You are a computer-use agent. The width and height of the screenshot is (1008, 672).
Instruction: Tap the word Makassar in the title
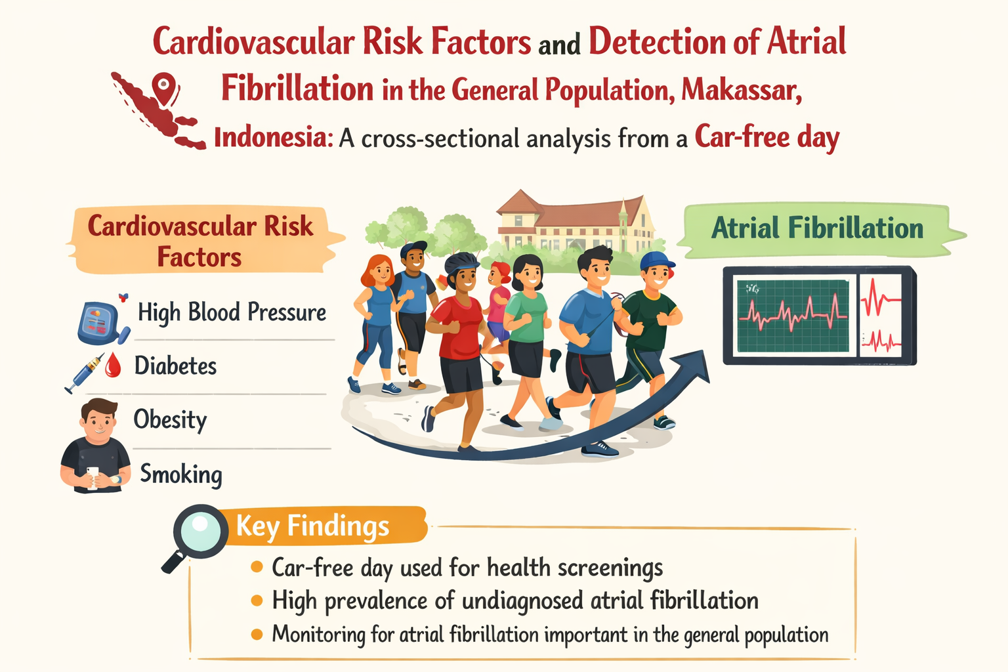(742, 90)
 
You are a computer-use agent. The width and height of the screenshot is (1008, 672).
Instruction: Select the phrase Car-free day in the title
(767, 137)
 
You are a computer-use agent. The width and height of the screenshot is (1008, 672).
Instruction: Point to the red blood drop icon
(113, 365)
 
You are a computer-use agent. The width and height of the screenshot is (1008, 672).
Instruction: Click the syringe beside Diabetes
(85, 373)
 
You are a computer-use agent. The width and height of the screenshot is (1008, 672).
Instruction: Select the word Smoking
(181, 474)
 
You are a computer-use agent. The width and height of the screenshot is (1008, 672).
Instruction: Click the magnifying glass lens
(199, 531)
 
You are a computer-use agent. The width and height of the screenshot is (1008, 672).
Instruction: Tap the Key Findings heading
(312, 526)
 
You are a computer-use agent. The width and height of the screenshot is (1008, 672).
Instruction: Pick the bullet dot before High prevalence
(257, 600)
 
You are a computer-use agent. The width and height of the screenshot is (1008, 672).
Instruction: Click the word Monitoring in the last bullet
(318, 635)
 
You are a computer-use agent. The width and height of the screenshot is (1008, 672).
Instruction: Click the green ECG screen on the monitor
(793, 316)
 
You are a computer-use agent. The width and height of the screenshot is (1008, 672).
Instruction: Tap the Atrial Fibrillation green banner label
(817, 228)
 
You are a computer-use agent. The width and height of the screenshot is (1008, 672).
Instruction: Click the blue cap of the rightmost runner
(657, 260)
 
